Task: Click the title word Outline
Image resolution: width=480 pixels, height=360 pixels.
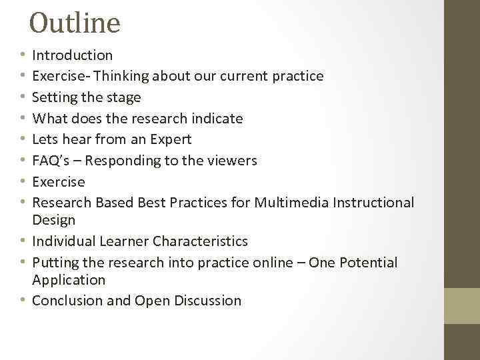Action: pos(75,23)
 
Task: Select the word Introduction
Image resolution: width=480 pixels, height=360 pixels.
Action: pos(73,55)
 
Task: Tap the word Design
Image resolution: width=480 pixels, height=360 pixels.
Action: pos(54,220)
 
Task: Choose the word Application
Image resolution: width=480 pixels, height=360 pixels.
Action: pos(69,280)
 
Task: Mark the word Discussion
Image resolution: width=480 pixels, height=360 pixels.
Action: pos(207,301)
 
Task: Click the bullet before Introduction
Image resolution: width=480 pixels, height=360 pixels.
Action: pos(23,55)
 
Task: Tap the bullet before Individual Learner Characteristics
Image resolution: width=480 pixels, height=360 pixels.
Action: pos(23,241)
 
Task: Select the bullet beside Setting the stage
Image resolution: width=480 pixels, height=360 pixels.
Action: pos(23,98)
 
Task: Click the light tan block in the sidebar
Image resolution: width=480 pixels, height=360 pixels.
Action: pos(461,306)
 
